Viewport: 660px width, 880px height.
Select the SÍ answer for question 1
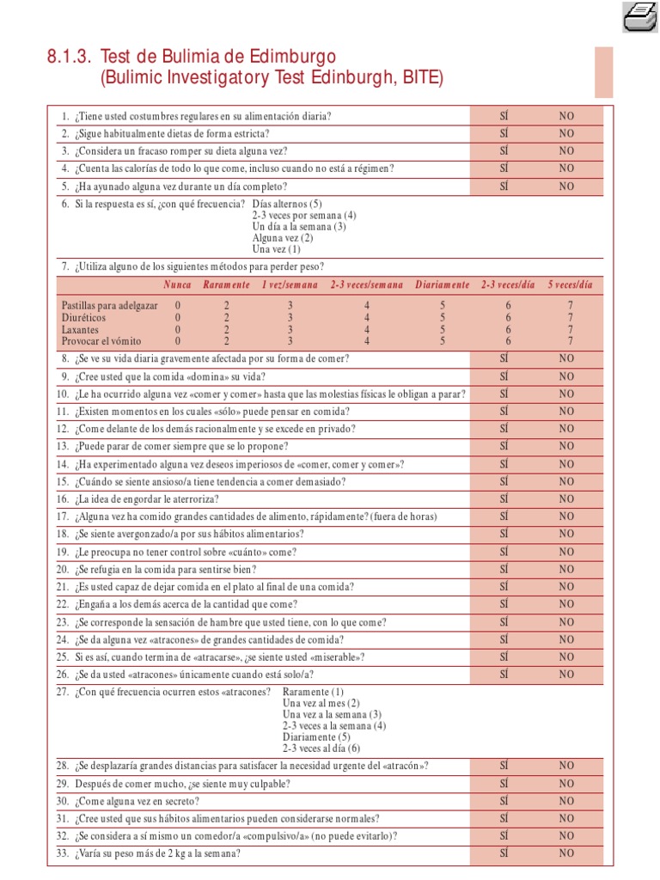pos(504,115)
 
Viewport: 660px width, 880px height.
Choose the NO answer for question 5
pos(566,186)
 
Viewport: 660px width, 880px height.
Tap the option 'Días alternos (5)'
pos(287,205)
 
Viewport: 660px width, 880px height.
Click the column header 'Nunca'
pos(177,284)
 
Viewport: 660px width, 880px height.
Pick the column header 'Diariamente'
pos(443,284)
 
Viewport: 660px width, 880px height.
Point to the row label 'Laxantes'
pos(80,329)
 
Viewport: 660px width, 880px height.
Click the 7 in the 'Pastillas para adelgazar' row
pos(570,305)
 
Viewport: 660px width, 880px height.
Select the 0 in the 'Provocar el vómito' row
pos(178,341)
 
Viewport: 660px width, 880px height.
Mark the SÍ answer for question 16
pos(504,499)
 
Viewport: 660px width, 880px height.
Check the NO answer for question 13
pos(566,447)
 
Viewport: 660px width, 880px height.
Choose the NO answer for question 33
pos(566,853)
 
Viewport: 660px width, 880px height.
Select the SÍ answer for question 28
pos(504,766)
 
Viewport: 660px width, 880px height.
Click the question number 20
pos(63,570)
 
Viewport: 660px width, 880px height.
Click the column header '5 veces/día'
pos(570,284)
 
